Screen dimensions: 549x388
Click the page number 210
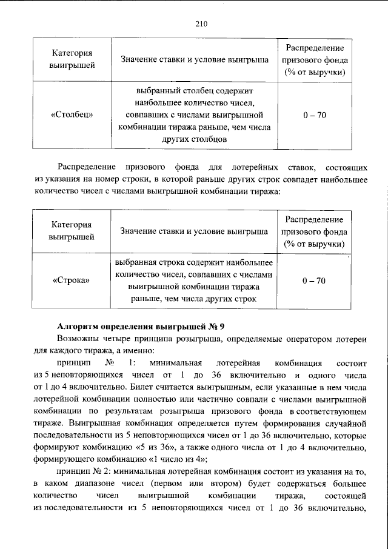point(201,24)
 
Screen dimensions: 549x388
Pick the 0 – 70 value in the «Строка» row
point(315,281)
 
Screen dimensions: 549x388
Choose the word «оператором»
point(306,339)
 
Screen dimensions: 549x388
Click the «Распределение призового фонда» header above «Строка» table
point(315,231)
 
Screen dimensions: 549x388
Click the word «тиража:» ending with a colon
point(266,191)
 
